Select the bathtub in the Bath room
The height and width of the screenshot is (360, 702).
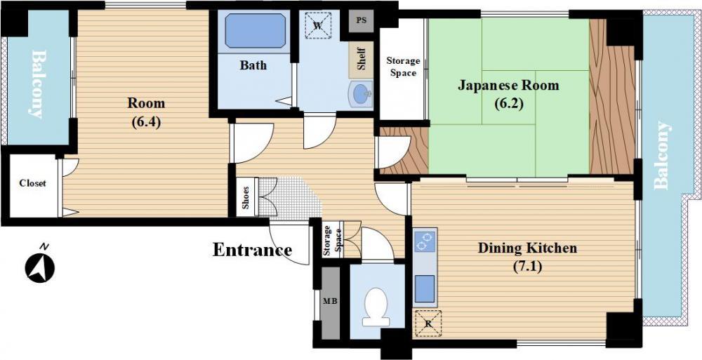pyautogui.click(x=256, y=30)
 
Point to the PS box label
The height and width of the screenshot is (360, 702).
pyautogui.click(x=362, y=20)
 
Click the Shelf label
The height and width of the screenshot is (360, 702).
pyautogui.click(x=362, y=60)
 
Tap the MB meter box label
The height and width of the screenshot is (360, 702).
pyautogui.click(x=330, y=301)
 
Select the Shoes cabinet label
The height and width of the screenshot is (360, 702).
pyautogui.click(x=245, y=197)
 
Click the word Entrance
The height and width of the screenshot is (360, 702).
pyautogui.click(x=252, y=250)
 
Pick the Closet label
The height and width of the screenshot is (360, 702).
pyautogui.click(x=33, y=183)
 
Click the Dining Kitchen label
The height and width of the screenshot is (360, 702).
pyautogui.click(x=527, y=248)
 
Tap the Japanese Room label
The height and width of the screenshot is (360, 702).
pyautogui.click(x=508, y=85)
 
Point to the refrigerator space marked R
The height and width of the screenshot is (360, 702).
pyautogui.click(x=428, y=324)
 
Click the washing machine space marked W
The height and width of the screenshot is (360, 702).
pyautogui.click(x=317, y=25)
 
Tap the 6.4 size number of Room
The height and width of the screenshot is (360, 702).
pyautogui.click(x=146, y=122)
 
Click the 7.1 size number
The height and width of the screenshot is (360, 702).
pyautogui.click(x=527, y=267)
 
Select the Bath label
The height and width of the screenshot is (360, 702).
pyautogui.click(x=253, y=65)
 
